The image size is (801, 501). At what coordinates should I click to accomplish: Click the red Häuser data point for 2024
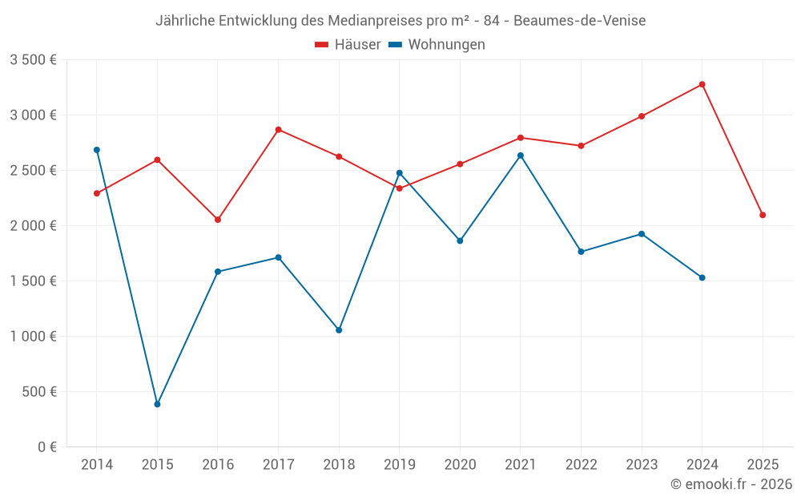pos(702,84)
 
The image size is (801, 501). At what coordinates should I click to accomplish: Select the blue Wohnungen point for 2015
pos(157,404)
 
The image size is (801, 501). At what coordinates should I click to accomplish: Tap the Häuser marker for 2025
pos(763,215)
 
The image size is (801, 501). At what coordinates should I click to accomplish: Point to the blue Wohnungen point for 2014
pos(97,150)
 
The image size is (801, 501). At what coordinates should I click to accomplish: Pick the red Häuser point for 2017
pos(278,129)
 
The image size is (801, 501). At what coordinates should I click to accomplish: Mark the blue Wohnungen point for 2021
pos(521,156)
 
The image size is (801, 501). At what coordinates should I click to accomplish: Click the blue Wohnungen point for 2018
pos(339,330)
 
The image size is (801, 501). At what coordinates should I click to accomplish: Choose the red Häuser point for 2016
pos(218,220)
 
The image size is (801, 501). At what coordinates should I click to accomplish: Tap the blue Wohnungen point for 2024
pos(702,277)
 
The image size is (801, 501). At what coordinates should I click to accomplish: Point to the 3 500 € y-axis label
pos(34,60)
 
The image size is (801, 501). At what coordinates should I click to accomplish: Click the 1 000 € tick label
pos(34,337)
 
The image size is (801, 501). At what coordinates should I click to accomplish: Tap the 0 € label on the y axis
pos(46,447)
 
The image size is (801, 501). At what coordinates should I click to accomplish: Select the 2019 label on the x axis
pos(399,465)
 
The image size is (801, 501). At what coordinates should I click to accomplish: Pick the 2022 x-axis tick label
pos(581,465)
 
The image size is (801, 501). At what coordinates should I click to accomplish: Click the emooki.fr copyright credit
pos(731,484)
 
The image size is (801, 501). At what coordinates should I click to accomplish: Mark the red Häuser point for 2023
pos(642,116)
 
